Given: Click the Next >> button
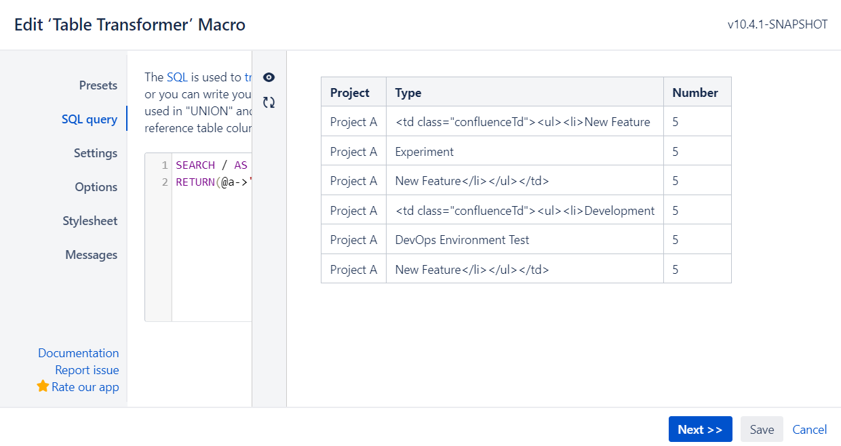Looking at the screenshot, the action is tap(700, 429).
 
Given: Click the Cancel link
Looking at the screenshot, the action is tap(810, 430).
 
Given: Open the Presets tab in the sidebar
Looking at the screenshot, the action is tap(98, 85).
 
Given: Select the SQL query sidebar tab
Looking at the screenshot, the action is tap(90, 119).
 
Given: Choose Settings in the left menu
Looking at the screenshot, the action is tap(96, 153).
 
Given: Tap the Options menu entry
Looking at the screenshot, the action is tap(96, 187).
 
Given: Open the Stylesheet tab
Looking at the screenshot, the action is tap(90, 220).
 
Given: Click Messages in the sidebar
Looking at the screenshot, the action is tap(92, 255).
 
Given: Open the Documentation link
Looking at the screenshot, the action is tap(79, 353).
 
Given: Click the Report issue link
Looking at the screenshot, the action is tap(87, 370).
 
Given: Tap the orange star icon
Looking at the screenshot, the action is tap(43, 386).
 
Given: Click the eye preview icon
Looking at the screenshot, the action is tap(269, 77).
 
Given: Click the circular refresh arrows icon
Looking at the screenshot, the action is tap(269, 102).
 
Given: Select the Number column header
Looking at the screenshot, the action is tap(695, 93).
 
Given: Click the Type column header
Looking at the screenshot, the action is tap(408, 93).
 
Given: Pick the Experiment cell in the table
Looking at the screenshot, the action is tap(425, 152).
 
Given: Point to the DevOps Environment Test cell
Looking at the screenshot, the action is tap(462, 240).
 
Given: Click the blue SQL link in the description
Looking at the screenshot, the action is tap(177, 77).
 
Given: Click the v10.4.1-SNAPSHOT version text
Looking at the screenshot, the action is tap(777, 24).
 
